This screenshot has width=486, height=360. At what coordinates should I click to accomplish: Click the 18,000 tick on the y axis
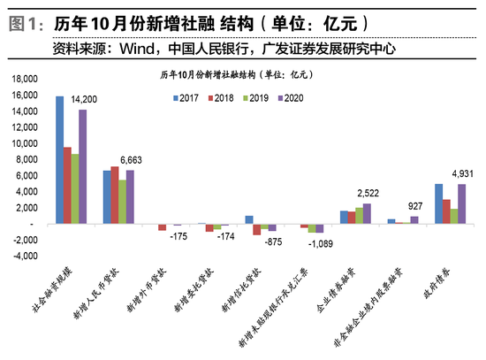click(25, 79)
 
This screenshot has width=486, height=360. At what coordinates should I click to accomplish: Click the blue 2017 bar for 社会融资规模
click(59, 159)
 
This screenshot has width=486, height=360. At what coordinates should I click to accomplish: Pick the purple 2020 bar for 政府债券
click(461, 203)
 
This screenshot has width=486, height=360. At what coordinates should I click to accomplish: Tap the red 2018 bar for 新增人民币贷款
click(115, 195)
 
